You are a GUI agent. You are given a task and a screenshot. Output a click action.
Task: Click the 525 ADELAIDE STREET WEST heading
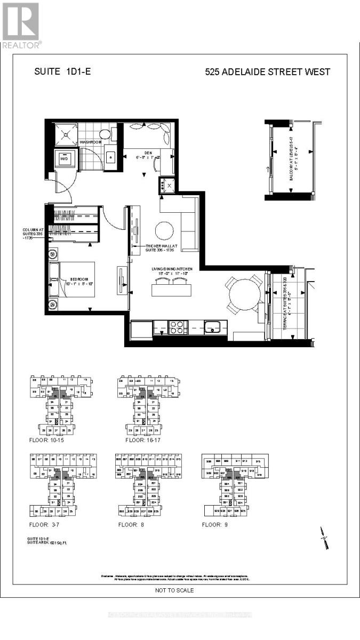tap(268, 72)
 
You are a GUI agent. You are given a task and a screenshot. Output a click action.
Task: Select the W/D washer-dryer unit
tap(64, 158)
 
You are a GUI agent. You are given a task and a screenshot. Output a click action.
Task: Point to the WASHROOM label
tap(91, 142)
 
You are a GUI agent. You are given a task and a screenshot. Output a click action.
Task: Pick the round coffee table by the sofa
tap(164, 230)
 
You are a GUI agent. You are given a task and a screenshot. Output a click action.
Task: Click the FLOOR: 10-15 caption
tap(49, 441)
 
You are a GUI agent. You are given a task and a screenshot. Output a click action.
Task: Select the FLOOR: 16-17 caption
tap(142, 441)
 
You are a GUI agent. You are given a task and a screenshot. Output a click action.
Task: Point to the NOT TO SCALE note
tap(174, 590)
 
